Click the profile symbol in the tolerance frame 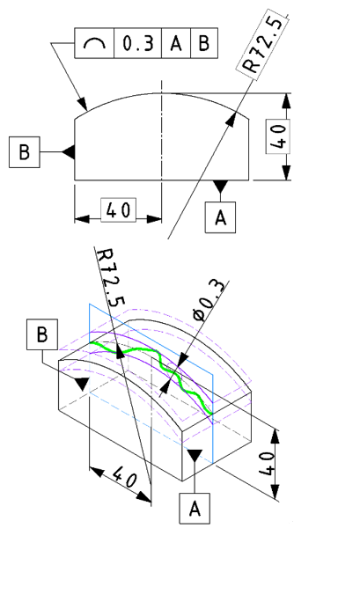pyautogui.click(x=94, y=43)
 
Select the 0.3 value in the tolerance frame pyautogui.click(x=138, y=43)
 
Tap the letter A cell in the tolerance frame pyautogui.click(x=176, y=43)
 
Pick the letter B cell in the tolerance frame pyautogui.click(x=204, y=43)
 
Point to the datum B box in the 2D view pyautogui.click(x=25, y=152)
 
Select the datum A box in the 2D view pyautogui.click(x=220, y=217)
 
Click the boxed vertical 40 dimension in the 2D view pyautogui.click(x=278, y=136)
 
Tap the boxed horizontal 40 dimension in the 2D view pyautogui.click(x=119, y=210)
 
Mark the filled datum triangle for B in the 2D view pyautogui.click(x=69, y=152)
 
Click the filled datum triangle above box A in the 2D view pyautogui.click(x=220, y=186)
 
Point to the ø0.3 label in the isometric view pyautogui.click(x=209, y=299)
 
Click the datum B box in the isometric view pyautogui.click(x=42, y=334)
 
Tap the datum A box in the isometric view pyautogui.click(x=195, y=509)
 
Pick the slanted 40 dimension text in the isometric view pyautogui.click(x=125, y=477)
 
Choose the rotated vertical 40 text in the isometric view pyautogui.click(x=268, y=463)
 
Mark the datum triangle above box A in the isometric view pyautogui.click(x=195, y=456)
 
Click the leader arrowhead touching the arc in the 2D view pyautogui.click(x=83, y=104)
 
